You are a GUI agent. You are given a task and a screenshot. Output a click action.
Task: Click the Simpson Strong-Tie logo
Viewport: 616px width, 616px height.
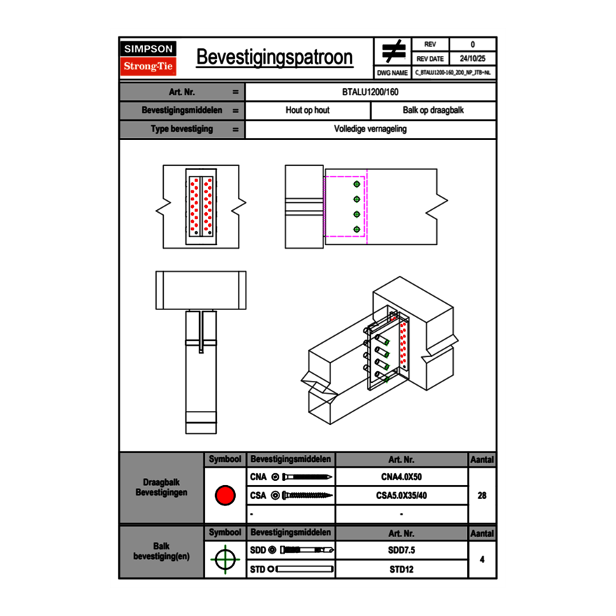click(x=148, y=58)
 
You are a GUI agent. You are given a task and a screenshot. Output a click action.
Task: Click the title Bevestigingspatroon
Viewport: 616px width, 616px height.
click(x=274, y=57)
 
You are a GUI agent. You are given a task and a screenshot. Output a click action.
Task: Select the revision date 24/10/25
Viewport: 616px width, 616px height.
click(x=472, y=59)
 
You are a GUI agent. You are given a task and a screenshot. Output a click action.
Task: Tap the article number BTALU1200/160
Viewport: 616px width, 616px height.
click(x=370, y=92)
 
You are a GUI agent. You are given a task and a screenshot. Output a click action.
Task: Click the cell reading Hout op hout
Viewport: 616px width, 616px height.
click(x=307, y=111)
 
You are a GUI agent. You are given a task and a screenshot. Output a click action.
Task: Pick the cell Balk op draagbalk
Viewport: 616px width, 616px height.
click(x=433, y=111)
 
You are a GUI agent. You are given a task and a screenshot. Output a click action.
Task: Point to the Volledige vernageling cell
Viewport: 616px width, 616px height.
click(x=370, y=129)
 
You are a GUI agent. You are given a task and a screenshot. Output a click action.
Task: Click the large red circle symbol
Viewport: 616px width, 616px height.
click(x=225, y=496)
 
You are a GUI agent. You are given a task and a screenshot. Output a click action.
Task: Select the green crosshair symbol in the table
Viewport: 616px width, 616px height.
click(x=225, y=559)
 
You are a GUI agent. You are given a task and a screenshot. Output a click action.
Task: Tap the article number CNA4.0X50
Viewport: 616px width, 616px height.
click(x=401, y=477)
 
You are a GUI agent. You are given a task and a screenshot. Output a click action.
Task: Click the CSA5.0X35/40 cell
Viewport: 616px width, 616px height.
click(x=401, y=496)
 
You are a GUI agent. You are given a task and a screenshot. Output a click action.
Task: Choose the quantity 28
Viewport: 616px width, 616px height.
click(x=482, y=496)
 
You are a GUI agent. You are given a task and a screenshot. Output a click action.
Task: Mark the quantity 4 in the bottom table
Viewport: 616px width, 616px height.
click(x=482, y=559)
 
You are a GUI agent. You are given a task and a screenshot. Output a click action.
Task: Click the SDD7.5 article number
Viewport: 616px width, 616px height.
click(x=401, y=550)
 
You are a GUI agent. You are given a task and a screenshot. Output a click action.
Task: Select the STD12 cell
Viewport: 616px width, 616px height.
click(x=401, y=569)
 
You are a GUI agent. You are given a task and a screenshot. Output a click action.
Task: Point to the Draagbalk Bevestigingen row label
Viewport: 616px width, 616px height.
click(x=161, y=488)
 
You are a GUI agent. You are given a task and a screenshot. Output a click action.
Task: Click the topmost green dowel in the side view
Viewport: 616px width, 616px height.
click(x=357, y=183)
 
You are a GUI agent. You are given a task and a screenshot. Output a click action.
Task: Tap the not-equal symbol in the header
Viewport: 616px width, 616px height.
click(x=393, y=52)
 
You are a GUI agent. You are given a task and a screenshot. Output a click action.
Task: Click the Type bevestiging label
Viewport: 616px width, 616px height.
click(x=182, y=129)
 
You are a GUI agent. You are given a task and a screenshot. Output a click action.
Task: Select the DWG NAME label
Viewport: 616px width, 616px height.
click(x=393, y=73)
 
